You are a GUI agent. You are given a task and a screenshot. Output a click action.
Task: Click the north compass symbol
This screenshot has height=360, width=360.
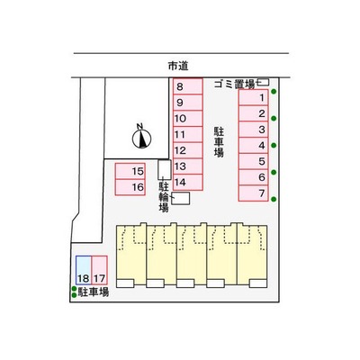pos(141,138)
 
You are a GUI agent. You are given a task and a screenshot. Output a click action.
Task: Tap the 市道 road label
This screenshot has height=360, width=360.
pos(178,66)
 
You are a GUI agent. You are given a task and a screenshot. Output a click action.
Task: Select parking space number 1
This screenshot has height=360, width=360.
pos(254,97)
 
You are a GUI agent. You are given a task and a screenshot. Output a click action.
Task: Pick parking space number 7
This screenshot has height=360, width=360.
pos(254,193)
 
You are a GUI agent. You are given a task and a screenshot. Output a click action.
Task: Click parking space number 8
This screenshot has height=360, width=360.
pos(188,86)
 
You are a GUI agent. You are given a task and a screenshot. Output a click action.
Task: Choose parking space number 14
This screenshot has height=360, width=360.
pos(188,182)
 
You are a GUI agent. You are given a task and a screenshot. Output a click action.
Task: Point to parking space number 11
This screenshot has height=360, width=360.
pos(188,134)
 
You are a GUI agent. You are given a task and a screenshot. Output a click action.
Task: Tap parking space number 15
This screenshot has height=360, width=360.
pos(130,171)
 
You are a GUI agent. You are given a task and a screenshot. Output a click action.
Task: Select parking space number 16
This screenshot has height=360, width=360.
pos(130,187)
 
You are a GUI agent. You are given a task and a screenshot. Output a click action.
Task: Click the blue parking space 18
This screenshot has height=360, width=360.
pos(84,270)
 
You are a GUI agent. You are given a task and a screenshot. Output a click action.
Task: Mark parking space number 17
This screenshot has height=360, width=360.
pos(99,270)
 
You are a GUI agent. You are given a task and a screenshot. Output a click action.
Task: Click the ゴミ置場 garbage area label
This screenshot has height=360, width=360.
pos(234,85)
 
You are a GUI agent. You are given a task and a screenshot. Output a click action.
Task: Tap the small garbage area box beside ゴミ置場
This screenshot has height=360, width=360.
pos(264,82)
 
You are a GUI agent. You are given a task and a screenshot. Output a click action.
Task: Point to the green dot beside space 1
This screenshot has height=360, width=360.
pos(274,92)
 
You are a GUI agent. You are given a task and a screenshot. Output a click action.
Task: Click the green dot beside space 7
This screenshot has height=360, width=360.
pos(274,199)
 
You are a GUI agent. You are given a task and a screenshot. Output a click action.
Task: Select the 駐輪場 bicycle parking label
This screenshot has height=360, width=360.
pos(164,197)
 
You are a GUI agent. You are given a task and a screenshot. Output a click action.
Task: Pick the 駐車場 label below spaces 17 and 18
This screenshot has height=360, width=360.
pos(94,292)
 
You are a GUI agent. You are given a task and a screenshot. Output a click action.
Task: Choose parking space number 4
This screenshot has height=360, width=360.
pos(254,145)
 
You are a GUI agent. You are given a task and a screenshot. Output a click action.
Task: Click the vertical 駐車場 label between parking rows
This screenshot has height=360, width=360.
pos(219,142)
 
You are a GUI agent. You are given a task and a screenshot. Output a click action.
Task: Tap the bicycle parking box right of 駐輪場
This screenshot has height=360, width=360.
pos(181,199)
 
